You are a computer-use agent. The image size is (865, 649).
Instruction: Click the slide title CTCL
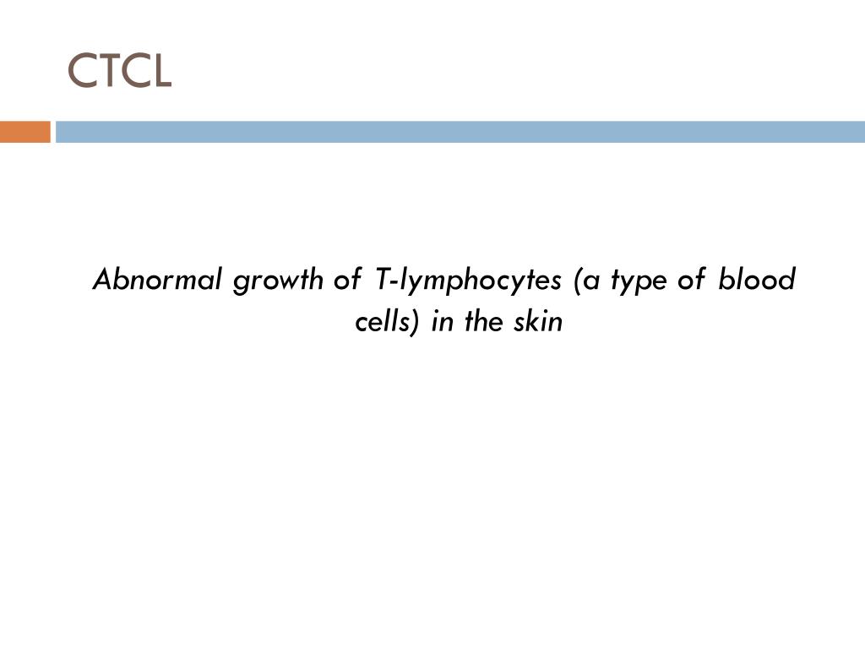click(x=119, y=71)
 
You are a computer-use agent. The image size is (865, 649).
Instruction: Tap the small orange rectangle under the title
click(x=24, y=132)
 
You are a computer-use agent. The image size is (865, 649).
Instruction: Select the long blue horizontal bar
click(x=460, y=132)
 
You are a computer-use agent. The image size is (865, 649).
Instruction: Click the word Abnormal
click(x=158, y=279)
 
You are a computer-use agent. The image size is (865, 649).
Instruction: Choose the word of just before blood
click(x=691, y=279)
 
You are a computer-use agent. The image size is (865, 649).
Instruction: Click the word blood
click(x=757, y=279)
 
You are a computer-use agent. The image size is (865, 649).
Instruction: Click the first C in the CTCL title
click(x=82, y=71)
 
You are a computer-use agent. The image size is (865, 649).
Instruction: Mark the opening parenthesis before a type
click(x=578, y=281)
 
